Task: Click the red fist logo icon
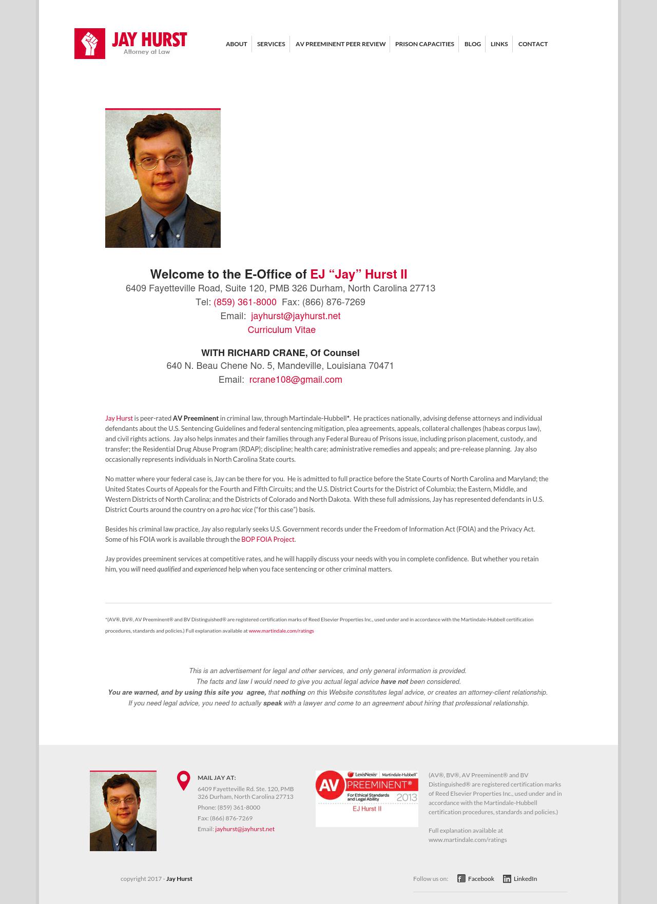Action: click(90, 44)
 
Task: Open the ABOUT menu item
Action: click(236, 44)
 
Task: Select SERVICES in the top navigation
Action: click(271, 44)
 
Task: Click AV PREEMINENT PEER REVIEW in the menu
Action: click(340, 44)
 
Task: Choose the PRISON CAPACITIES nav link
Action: click(424, 44)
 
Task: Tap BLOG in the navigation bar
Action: click(472, 44)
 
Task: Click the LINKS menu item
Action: click(499, 44)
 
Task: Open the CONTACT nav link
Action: click(533, 44)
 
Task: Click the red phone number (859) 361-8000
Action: click(245, 302)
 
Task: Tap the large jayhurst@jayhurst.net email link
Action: click(296, 316)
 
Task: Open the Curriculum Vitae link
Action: click(281, 330)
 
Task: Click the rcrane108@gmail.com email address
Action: click(296, 380)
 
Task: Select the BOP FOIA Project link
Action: click(267, 539)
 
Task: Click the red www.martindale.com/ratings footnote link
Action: click(281, 631)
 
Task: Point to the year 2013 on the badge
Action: click(407, 797)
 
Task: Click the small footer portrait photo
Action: click(123, 811)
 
